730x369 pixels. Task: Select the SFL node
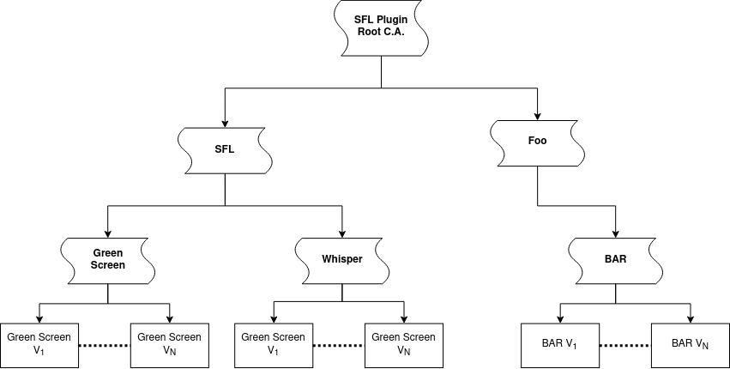pos(225,149)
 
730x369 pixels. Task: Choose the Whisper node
pos(342,258)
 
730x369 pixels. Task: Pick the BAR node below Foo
pos(616,258)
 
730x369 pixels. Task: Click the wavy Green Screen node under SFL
pos(108,258)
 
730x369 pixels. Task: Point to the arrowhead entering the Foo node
pos(538,117)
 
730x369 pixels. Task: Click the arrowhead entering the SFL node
pos(225,124)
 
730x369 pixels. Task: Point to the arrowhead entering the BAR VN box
pos(691,318)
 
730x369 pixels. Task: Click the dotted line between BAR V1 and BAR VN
pos(625,345)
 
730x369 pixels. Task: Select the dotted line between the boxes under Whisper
pos(338,345)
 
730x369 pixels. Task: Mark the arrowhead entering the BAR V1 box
pos(560,318)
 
